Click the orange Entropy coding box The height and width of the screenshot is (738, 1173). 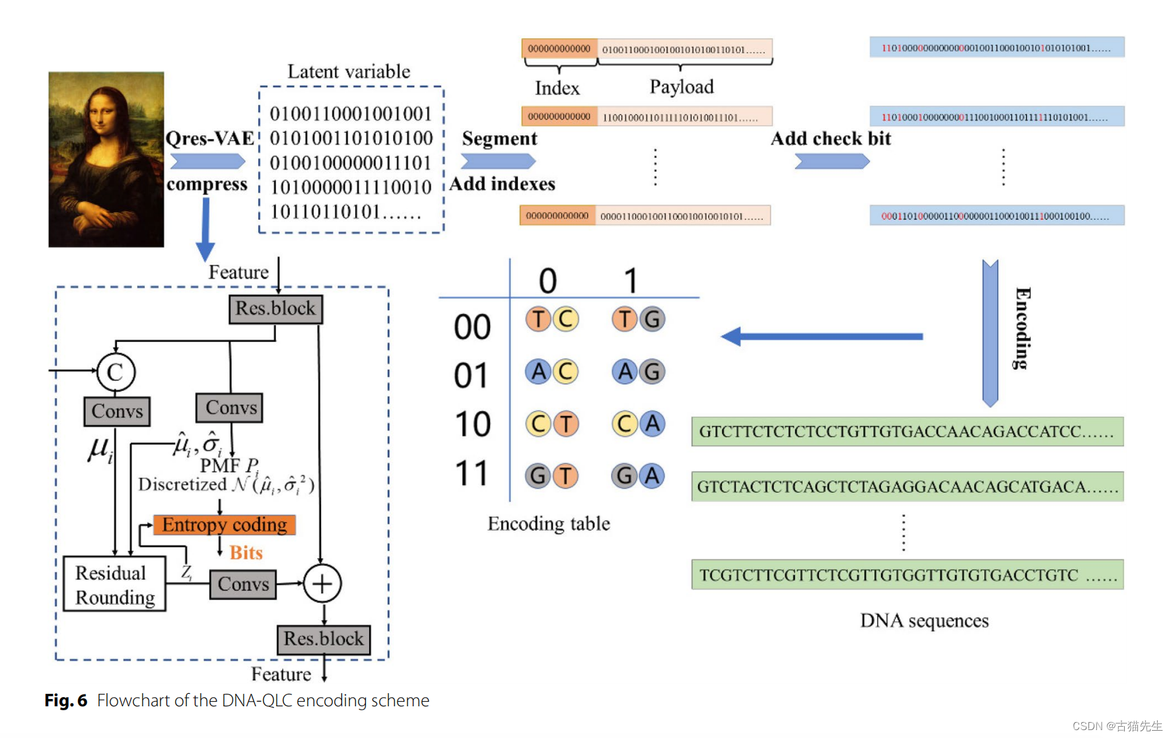point(224,525)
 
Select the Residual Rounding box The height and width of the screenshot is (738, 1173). point(114,584)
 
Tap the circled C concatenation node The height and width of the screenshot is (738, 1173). point(116,372)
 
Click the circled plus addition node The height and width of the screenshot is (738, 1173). point(322,584)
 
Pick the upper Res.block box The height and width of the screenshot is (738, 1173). point(275,309)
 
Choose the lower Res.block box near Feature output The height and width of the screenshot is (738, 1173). point(323,639)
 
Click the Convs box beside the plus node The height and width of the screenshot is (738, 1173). point(243,584)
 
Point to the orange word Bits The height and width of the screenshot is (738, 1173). point(246,553)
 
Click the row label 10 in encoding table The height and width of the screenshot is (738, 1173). point(472,424)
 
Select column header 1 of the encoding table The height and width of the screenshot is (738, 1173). point(631,281)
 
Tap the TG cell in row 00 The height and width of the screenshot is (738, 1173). point(638,319)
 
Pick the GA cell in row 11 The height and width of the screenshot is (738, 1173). point(638,476)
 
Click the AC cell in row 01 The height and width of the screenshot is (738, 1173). point(551,372)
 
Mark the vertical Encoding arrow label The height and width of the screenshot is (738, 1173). point(1022,328)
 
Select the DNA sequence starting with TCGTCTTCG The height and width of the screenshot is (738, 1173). point(907,575)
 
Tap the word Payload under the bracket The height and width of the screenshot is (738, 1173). point(682,87)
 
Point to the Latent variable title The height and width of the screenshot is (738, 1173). point(349,71)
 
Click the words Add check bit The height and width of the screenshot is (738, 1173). point(831,139)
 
